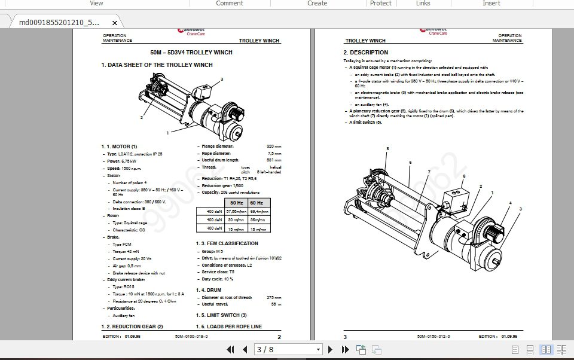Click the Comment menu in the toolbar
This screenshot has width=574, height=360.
coord(230,4)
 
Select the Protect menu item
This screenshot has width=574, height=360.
coord(381,4)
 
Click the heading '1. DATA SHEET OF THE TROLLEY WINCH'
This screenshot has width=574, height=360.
coord(157,65)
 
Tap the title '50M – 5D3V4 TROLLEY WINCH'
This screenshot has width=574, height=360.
coord(191,53)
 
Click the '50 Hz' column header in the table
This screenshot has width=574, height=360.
coord(236,203)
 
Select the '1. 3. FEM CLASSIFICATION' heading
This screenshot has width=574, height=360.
coord(227,243)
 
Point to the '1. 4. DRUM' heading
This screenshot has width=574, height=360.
coord(209,290)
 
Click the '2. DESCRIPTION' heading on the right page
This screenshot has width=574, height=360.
coord(365,53)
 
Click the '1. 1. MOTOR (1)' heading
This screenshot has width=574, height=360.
coord(119,147)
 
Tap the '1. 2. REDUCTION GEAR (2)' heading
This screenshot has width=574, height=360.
coord(132,327)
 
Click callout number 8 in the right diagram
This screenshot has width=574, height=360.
coord(463,176)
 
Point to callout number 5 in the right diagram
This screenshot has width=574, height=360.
coord(387,149)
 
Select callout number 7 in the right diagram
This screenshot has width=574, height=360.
coord(429,172)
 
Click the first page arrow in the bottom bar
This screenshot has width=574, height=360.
coord(230,349)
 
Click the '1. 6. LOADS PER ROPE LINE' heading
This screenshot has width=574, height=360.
coord(228,327)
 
